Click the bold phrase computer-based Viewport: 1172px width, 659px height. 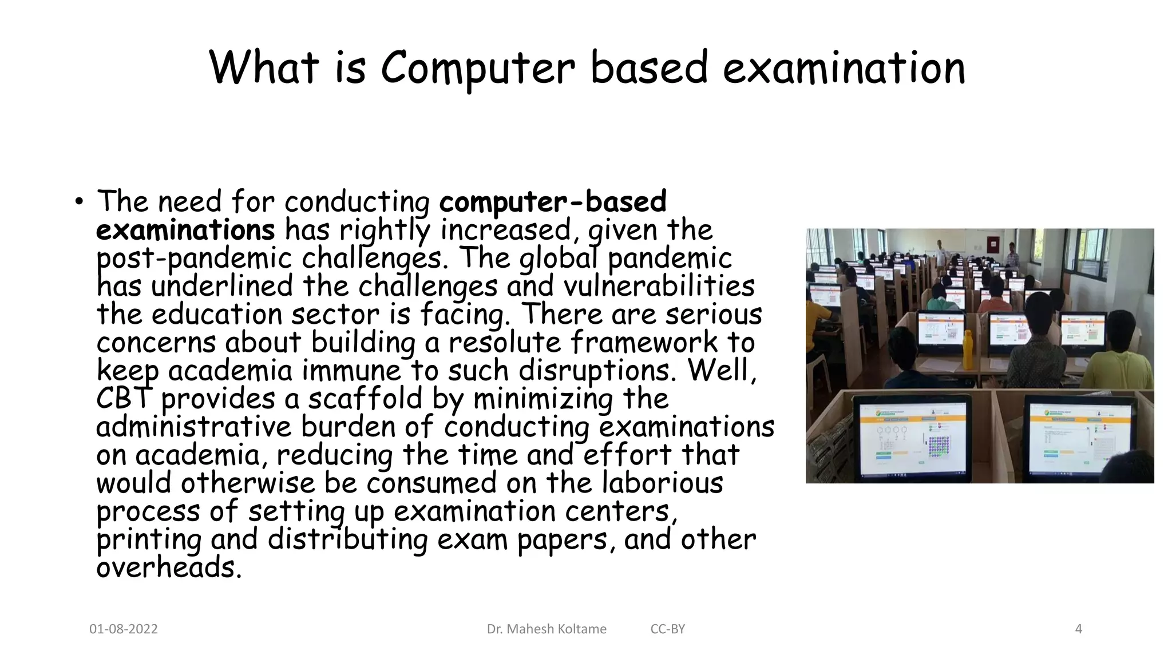pyautogui.click(x=553, y=202)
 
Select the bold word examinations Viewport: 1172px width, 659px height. pyautogui.click(x=185, y=231)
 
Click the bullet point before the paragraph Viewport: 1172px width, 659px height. pyautogui.click(x=78, y=203)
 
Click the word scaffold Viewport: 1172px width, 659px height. pyautogui.click(x=365, y=399)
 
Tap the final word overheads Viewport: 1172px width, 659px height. pyautogui.click(x=169, y=567)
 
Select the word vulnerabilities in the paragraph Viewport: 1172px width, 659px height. pyautogui.click(x=659, y=287)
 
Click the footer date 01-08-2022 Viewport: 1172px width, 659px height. pyautogui.click(x=124, y=629)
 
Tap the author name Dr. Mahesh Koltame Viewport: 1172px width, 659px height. pyautogui.click(x=547, y=629)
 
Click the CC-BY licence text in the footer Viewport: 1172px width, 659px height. pyautogui.click(x=667, y=629)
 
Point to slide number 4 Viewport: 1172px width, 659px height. pyautogui.click(x=1079, y=629)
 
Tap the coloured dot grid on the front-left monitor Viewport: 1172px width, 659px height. pyautogui.click(x=941, y=446)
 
